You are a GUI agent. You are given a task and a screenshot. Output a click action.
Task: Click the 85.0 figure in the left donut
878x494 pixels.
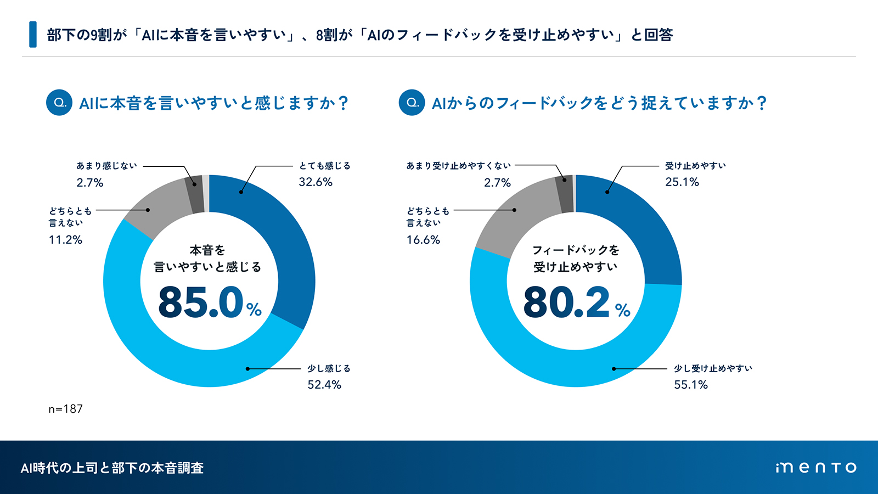tap(201, 302)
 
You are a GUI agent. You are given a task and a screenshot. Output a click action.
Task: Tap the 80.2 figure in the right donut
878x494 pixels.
tap(566, 302)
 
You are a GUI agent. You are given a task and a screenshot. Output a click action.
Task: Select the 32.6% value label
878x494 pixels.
tap(316, 182)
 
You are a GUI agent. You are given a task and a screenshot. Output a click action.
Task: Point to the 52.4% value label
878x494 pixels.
tap(324, 385)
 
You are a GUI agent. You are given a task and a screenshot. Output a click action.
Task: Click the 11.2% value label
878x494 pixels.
tap(65, 240)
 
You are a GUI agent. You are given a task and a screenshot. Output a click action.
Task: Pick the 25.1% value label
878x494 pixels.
tap(682, 182)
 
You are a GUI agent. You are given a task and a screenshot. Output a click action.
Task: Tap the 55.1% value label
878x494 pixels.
tap(691, 385)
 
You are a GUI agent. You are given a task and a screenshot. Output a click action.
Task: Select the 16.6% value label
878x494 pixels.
tap(423, 240)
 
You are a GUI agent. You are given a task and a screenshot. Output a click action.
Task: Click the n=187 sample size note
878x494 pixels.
tap(65, 409)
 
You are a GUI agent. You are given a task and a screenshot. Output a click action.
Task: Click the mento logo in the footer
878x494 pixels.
tap(816, 468)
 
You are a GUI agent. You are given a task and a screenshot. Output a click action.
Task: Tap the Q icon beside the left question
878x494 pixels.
tap(59, 103)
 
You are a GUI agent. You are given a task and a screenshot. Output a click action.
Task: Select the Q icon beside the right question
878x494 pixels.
tap(412, 103)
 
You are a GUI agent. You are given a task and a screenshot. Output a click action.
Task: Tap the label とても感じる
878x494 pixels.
tap(324, 166)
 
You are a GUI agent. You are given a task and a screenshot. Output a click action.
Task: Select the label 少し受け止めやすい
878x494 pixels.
tap(713, 368)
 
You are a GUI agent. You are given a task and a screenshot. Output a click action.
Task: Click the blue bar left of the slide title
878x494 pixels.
tap(33, 35)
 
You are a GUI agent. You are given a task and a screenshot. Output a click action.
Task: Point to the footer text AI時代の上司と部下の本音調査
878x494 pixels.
tap(112, 468)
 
